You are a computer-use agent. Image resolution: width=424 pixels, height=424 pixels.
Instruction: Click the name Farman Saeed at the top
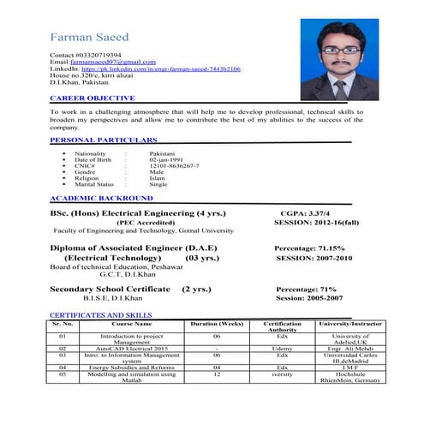(92, 39)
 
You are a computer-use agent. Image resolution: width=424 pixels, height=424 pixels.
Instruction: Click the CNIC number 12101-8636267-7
(174, 165)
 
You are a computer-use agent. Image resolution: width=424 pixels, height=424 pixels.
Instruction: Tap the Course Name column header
(131, 325)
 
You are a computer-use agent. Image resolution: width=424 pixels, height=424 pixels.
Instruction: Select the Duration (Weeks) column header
(217, 325)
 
